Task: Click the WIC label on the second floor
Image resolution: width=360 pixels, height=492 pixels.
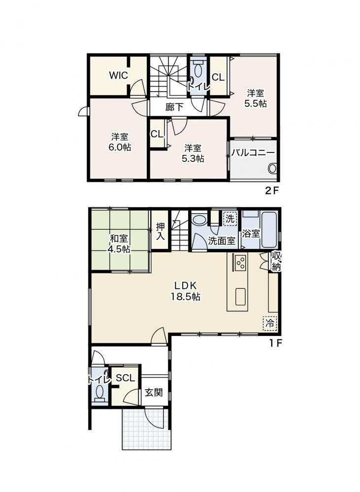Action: coord(118,75)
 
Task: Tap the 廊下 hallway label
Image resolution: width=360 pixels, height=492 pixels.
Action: coord(174,107)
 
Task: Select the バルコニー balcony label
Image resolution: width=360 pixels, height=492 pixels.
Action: coord(253,153)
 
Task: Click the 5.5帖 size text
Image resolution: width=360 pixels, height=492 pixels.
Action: coord(256,103)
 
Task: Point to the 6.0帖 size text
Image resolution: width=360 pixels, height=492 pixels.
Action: coord(120,147)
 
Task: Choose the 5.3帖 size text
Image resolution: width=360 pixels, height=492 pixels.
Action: coord(193,158)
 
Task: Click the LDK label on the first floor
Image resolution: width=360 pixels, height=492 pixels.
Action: coord(185,285)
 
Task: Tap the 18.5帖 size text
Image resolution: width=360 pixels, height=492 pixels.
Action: coord(185,297)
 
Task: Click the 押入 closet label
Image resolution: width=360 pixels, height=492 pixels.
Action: coord(161,232)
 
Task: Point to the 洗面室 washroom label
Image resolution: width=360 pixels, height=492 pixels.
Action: coord(222,241)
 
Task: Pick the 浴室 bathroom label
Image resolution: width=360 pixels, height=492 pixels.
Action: coord(251,233)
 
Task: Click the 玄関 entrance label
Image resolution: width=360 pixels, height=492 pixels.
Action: coord(154,392)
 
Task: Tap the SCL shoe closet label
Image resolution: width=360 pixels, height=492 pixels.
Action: coord(125,378)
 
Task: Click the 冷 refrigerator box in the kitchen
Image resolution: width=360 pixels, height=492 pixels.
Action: coord(270,323)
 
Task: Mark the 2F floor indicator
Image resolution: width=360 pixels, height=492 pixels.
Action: coord(272,191)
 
